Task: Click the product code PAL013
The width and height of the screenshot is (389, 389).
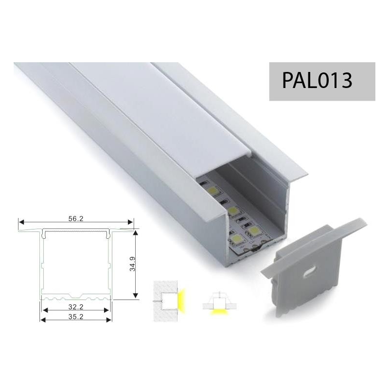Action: click(317, 80)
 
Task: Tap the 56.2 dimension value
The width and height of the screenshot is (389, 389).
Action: click(76, 218)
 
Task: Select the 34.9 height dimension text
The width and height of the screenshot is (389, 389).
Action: click(132, 264)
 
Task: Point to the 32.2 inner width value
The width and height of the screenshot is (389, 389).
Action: click(76, 307)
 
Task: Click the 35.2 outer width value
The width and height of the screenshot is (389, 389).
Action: click(76, 317)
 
